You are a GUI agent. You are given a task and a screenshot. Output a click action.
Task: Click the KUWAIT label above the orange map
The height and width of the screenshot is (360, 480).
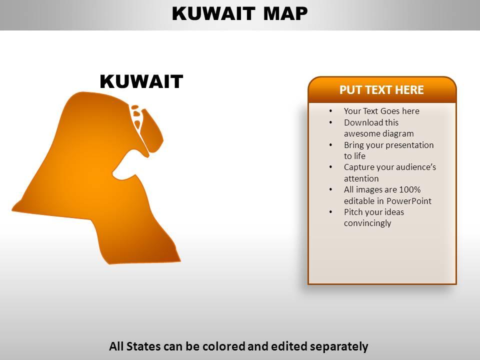[x=141, y=81]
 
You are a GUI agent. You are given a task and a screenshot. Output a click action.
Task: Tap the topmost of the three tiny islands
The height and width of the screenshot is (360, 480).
[x=134, y=106]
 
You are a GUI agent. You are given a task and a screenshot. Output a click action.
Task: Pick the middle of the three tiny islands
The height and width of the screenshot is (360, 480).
[x=136, y=113]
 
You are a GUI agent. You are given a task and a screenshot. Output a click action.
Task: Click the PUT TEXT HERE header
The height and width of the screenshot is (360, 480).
[x=381, y=90]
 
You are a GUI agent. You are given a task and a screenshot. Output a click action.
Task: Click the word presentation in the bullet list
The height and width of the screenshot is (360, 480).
[x=407, y=145]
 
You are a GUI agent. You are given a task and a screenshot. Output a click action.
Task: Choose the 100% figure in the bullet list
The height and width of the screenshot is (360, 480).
[x=410, y=189]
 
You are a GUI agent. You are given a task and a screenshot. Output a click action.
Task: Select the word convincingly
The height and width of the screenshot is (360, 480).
[x=367, y=223]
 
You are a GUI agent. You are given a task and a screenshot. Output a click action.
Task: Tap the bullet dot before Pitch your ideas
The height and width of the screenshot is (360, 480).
[x=331, y=212]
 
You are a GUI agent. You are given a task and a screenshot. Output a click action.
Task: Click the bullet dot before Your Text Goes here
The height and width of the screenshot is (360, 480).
[x=331, y=111]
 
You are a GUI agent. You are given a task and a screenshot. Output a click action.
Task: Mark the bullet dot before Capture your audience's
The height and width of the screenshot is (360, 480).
[x=331, y=167]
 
